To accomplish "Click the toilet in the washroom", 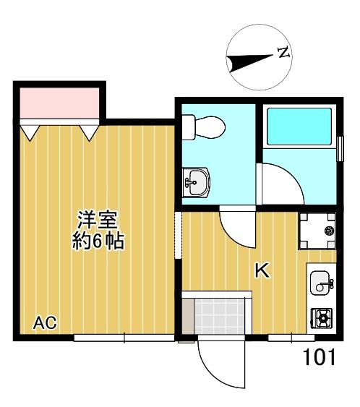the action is [x=203, y=127].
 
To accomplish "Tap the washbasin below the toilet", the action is [x=196, y=182].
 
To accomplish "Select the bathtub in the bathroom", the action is [x=299, y=127].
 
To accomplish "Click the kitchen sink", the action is [x=321, y=283].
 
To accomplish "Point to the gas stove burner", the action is [x=322, y=318].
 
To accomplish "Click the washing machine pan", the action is [x=317, y=231].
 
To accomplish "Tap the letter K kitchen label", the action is [x=262, y=270].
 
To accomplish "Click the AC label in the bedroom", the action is [x=45, y=322].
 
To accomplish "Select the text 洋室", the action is [x=98, y=220].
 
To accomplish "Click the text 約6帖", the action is [x=98, y=241].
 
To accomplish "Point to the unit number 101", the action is [x=319, y=357].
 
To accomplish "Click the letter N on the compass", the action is [x=283, y=53].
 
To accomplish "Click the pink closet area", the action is [x=60, y=103].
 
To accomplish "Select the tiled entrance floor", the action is [x=220, y=316].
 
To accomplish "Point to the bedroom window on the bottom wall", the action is [x=124, y=338].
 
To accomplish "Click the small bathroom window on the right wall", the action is [x=340, y=149].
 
